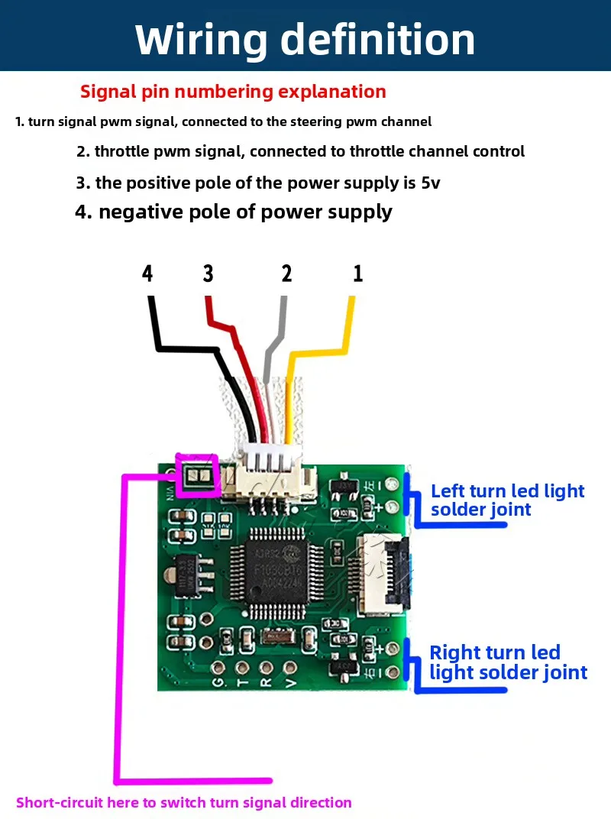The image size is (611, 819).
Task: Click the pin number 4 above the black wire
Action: tap(148, 274)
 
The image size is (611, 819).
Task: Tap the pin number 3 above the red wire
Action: tap(209, 274)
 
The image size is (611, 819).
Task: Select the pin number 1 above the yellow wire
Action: tap(357, 274)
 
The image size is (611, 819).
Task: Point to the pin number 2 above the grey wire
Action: tap(286, 274)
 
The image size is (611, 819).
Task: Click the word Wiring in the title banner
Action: tap(201, 40)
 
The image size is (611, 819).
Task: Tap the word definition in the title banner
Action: tap(378, 40)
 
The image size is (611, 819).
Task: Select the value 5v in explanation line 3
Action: tap(430, 183)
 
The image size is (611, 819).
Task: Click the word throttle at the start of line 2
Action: tap(119, 151)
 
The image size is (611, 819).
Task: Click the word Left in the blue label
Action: tap(447, 491)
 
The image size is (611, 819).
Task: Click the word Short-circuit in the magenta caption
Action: tap(60, 802)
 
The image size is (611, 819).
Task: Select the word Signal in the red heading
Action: tap(108, 92)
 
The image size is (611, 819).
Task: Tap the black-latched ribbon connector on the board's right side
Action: tap(385, 574)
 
